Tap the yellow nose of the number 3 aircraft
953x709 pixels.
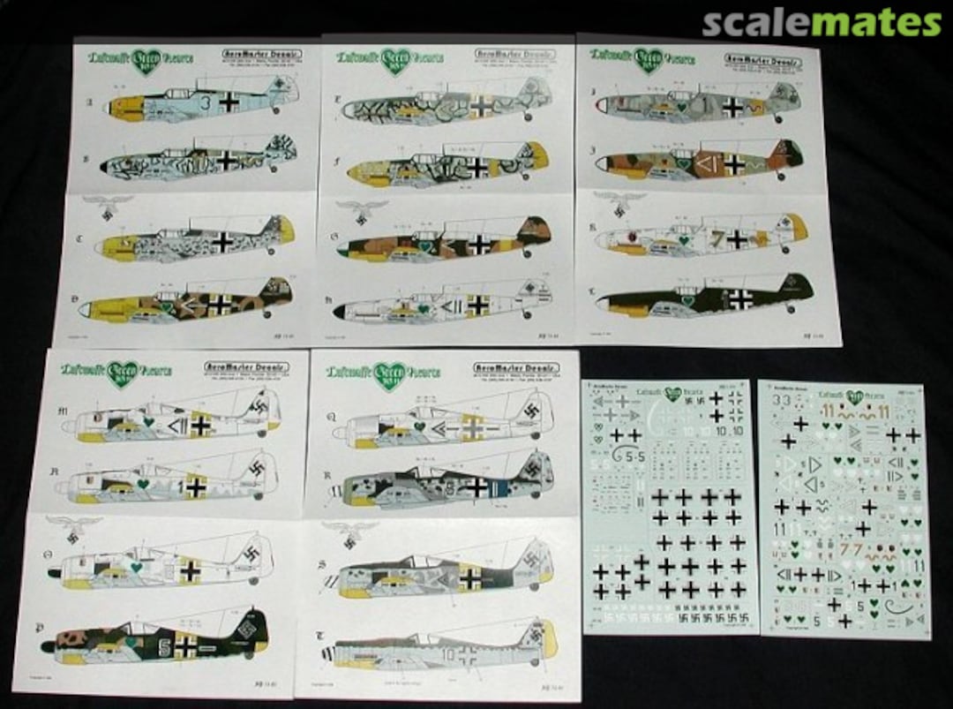pyautogui.click(x=117, y=107)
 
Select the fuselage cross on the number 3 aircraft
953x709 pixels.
pyautogui.click(x=229, y=102)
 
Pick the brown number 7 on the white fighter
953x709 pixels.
pyautogui.click(x=717, y=238)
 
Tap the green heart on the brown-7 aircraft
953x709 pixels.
pyautogui.click(x=683, y=238)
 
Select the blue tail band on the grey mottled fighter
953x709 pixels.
pyautogui.click(x=503, y=488)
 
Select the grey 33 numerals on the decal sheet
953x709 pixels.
pyautogui.click(x=779, y=399)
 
